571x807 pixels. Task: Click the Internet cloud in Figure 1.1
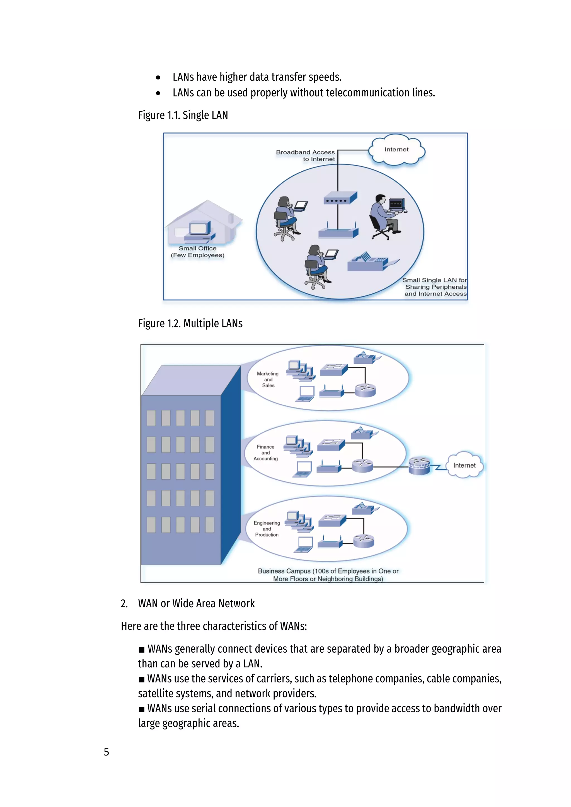[397, 150]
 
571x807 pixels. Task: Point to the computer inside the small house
[199, 230]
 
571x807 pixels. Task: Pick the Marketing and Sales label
[268, 379]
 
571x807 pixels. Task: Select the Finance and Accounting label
[265, 453]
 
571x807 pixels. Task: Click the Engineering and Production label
[267, 529]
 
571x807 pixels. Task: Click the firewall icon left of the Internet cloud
[419, 466]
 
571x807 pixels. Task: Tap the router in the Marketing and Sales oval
[365, 390]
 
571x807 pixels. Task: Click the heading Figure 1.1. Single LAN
[183, 115]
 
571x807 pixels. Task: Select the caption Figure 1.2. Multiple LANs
[190, 323]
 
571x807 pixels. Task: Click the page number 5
[106, 752]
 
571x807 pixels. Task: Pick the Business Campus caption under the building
[328, 575]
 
